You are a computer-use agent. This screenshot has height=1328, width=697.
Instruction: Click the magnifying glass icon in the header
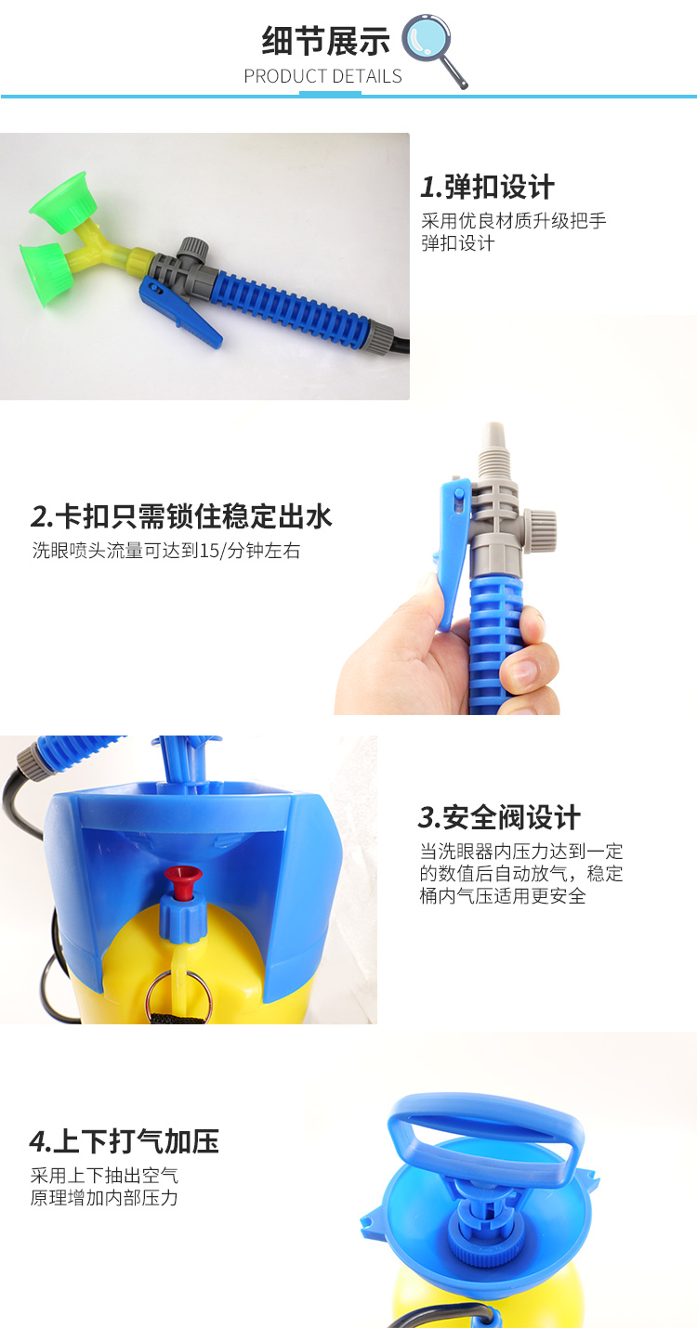[432, 50]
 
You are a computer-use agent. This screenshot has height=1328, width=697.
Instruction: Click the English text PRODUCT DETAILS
[322, 76]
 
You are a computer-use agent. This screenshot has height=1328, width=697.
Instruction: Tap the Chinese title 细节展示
[325, 41]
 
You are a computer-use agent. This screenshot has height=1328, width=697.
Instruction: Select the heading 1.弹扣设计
[488, 187]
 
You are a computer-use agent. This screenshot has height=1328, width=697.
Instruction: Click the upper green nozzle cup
[63, 199]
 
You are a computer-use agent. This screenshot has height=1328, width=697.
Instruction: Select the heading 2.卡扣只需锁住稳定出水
[181, 515]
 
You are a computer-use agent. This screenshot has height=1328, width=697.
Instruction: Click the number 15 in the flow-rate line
[209, 551]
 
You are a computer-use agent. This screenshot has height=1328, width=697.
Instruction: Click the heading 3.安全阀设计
[499, 817]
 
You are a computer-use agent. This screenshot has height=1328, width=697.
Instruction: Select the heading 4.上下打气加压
[124, 1141]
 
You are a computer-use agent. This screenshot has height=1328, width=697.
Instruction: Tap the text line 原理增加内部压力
[104, 1198]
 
